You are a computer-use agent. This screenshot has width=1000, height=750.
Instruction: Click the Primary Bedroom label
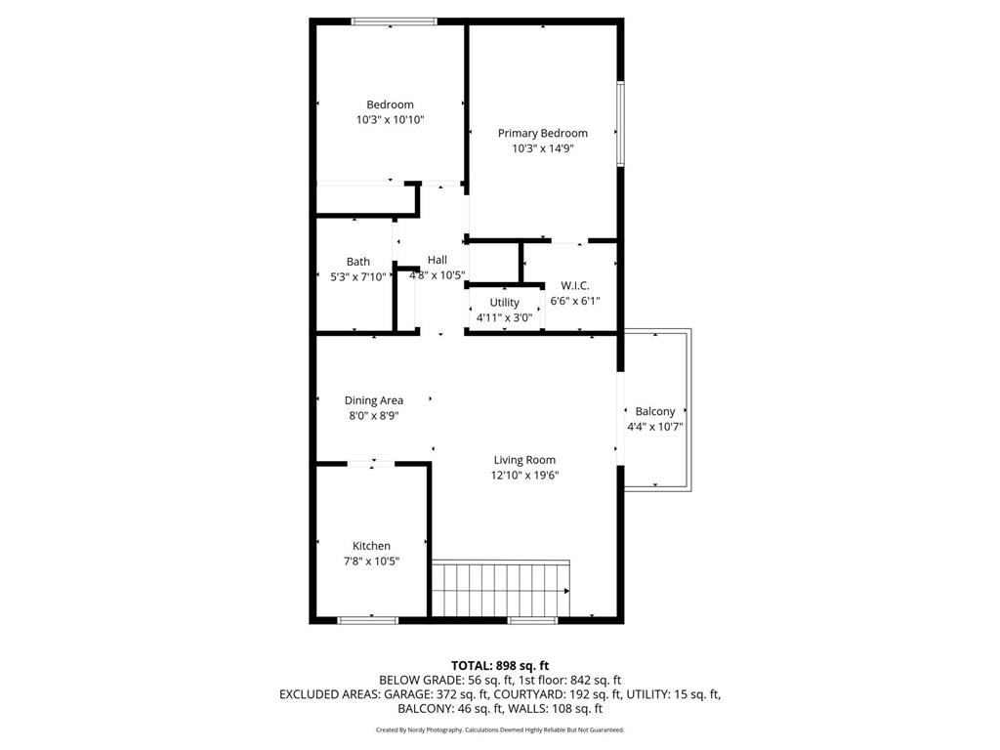point(542,134)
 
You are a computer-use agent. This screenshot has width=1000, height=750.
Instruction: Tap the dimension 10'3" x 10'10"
point(390,119)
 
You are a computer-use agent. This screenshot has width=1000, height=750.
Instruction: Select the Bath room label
point(357,262)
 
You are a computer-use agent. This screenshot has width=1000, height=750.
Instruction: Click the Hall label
point(437,260)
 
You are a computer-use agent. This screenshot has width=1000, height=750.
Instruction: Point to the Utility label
point(504,303)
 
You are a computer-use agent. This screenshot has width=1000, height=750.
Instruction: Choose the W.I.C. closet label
point(574,285)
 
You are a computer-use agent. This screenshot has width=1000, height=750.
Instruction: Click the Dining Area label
point(373,400)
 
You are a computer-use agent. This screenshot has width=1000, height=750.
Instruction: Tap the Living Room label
point(524,460)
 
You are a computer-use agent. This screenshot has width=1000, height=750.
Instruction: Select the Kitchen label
point(371,546)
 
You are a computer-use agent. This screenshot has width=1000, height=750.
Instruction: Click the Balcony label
point(654,412)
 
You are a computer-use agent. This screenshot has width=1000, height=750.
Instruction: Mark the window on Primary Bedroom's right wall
point(619,123)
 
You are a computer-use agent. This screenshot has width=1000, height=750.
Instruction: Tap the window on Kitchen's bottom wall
point(367,619)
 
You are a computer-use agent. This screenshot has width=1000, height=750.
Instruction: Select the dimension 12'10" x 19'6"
point(524,476)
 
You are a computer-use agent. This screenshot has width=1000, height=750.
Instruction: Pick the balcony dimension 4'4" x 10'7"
point(654,427)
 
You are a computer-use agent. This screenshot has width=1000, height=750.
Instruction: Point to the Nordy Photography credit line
point(500,729)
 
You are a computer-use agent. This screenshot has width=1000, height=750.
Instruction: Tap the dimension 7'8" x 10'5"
point(371,561)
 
